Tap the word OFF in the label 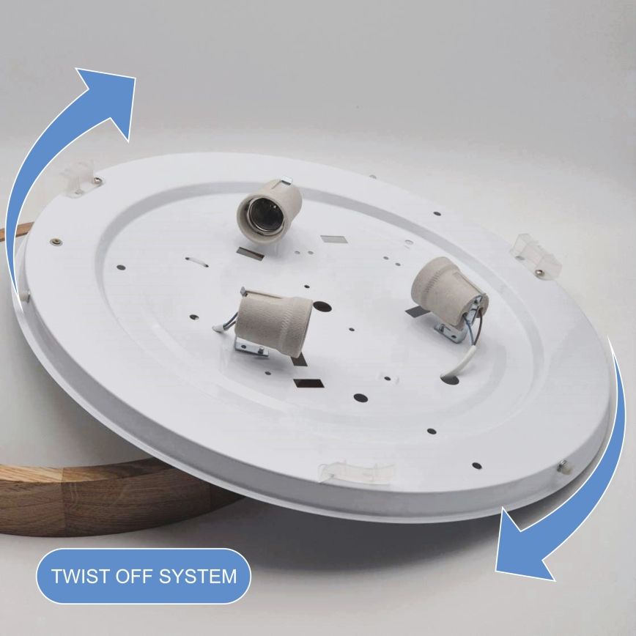pos(130,575)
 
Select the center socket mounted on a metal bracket pos(276,319)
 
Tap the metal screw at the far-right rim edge pos(563,465)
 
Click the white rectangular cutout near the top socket pos(333,240)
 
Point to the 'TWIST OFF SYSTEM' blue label pos(144,575)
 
